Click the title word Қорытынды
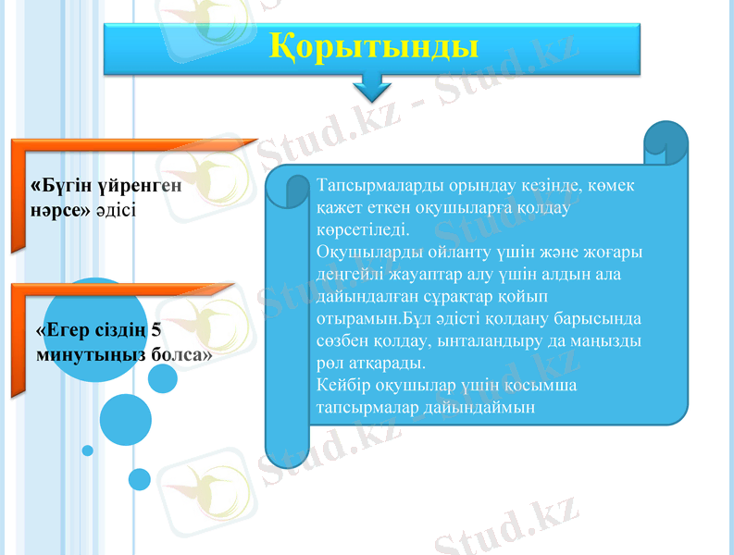373,45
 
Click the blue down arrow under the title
372,89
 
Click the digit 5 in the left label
156,330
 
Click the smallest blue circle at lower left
88,450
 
